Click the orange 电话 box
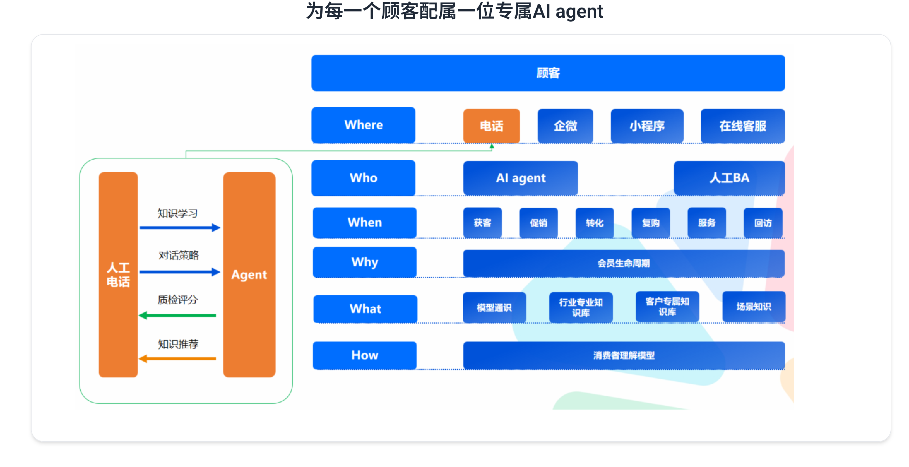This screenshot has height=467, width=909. pos(491,126)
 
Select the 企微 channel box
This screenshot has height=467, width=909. pos(565,126)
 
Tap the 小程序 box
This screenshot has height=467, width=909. pos(647,126)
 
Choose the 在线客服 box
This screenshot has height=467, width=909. pos(742,126)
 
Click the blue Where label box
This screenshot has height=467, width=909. pos(363,125)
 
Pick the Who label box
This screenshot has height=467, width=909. pos(363,178)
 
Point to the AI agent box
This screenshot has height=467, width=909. pos(520,178)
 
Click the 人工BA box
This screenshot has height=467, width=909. pos(729,178)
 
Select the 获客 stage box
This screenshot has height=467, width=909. pos(482,222)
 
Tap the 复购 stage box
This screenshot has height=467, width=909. pos(650,222)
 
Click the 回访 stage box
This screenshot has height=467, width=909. pos(763,222)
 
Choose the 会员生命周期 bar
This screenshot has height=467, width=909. pos(624,263)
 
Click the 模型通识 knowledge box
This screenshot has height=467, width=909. pos(494,307)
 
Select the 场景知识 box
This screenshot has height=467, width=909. pos(753,306)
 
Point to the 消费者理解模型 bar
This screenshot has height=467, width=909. pos(624,355)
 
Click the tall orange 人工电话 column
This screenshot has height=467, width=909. pos(118,275)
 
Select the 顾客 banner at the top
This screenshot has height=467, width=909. pos(548,73)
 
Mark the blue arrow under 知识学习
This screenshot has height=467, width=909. pos(180,228)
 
